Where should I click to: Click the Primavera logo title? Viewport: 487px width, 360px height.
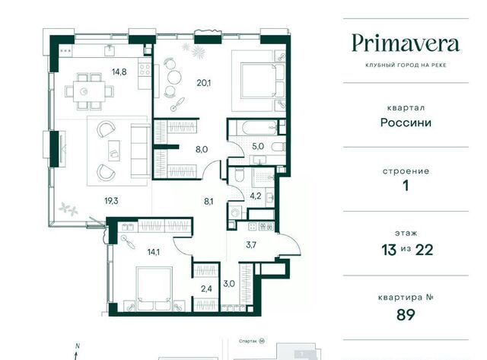click(x=406, y=43)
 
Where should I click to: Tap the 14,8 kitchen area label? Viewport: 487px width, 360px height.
click(x=119, y=72)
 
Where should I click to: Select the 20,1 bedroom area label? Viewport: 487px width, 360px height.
click(x=204, y=83)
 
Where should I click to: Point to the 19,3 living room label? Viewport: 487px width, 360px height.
click(x=111, y=201)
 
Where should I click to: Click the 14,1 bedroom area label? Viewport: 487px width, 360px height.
click(x=154, y=252)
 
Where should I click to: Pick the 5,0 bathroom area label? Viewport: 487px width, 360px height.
click(x=258, y=146)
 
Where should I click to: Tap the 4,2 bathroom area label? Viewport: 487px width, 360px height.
click(x=256, y=196)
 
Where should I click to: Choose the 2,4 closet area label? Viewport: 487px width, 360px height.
click(x=206, y=289)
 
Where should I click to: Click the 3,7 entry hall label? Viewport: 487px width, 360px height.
click(x=251, y=245)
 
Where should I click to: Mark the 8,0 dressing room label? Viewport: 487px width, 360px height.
click(x=202, y=149)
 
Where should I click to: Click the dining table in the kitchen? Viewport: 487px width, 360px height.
click(x=90, y=91)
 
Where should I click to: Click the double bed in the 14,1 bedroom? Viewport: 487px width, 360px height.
click(x=154, y=288)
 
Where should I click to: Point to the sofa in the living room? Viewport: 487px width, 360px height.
click(x=140, y=151)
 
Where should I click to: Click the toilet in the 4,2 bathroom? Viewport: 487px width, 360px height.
click(x=240, y=175)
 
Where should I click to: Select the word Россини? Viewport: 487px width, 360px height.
click(x=406, y=123)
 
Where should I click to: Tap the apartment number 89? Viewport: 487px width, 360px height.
click(x=406, y=314)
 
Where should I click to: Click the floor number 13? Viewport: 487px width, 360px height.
click(x=389, y=250)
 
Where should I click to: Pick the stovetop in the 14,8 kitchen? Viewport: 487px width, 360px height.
click(x=145, y=69)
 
